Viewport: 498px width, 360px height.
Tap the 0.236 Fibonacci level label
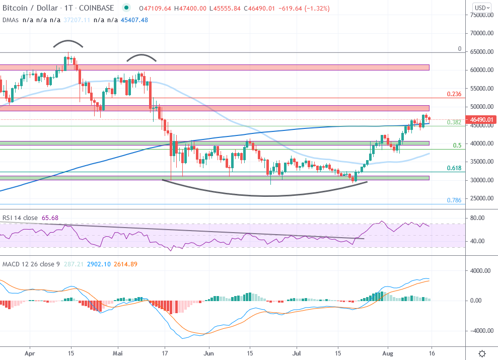click(x=454, y=94)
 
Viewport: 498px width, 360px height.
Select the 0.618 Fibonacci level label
click(x=454, y=168)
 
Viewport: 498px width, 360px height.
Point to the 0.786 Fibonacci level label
click(x=454, y=200)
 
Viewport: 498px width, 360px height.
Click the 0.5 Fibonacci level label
click(x=457, y=146)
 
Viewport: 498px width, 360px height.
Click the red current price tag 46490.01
click(x=481, y=120)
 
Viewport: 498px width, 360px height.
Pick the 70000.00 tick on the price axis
click(x=481, y=33)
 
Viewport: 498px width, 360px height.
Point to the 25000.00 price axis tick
click(x=481, y=198)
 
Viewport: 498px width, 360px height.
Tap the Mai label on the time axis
click(x=118, y=354)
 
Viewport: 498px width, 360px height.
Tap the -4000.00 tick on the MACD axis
click(x=480, y=331)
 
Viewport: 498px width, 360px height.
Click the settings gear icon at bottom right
click(x=482, y=353)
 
